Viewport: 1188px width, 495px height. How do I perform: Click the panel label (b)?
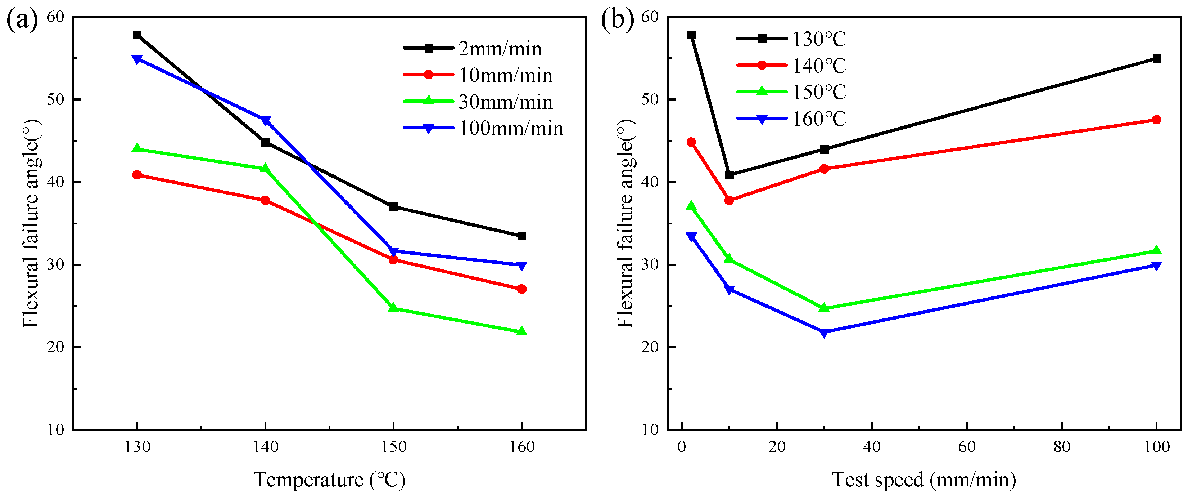point(617,21)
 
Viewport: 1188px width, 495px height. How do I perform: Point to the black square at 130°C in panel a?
point(137,35)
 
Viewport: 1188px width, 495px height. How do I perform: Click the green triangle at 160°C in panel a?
point(521,331)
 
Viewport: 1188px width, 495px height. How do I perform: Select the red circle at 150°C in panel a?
point(393,260)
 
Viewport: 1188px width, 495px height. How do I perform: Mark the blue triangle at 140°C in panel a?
point(265,121)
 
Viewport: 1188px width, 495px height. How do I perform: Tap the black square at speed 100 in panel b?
point(1156,59)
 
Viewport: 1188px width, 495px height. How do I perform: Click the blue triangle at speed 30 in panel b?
point(824,333)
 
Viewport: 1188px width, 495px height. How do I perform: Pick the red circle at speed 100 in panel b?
point(1156,120)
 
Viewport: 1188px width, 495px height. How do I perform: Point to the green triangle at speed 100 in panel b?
point(1156,251)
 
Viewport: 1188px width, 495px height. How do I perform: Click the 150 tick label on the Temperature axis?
point(393,446)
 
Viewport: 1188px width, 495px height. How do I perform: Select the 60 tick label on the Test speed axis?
point(967,446)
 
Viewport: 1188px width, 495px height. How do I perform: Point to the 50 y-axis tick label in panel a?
point(55,99)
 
